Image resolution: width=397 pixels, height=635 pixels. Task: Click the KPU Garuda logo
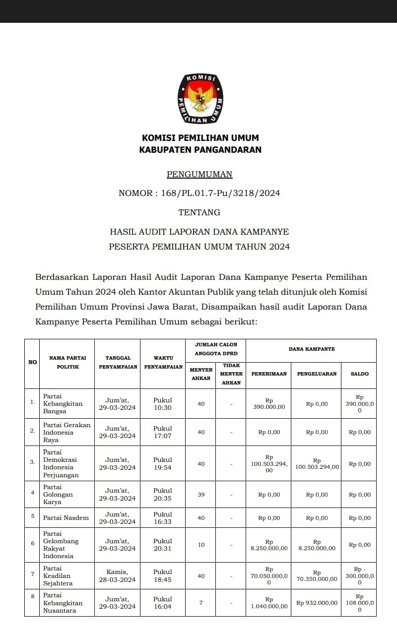200,99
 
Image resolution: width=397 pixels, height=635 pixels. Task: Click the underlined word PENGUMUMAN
199,174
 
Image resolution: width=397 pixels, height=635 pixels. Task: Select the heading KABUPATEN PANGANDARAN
200,149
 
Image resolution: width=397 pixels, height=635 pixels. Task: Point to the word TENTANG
199,212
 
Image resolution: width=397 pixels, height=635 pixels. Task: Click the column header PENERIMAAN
268,374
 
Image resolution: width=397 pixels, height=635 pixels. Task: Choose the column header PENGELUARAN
317,374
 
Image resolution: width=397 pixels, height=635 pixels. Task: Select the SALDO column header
360,374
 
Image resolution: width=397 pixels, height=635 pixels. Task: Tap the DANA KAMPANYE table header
312,349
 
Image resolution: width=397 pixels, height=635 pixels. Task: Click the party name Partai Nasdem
66,518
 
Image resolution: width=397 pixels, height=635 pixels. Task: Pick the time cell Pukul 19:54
163,463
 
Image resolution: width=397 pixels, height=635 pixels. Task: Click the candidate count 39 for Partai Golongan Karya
201,495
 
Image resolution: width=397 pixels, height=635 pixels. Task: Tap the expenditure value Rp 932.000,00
317,603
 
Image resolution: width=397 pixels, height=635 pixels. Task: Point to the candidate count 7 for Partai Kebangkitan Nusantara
201,603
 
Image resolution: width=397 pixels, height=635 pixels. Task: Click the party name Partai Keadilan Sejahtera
58,575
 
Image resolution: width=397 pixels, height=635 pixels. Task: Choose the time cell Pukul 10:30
163,404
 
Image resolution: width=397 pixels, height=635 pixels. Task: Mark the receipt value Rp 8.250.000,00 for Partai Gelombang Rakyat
269,545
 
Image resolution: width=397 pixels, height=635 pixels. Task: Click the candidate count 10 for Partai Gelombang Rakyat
201,545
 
